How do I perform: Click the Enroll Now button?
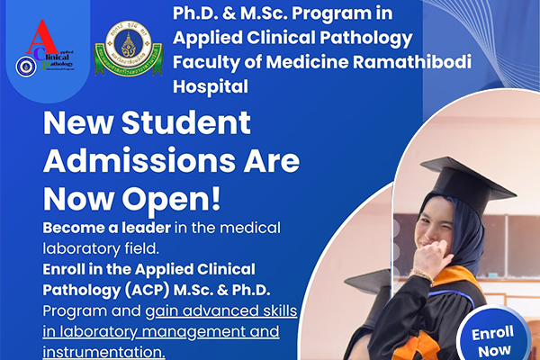492,340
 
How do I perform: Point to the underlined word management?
197,331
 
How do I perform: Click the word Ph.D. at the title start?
201,14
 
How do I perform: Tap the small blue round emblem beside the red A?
24,66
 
